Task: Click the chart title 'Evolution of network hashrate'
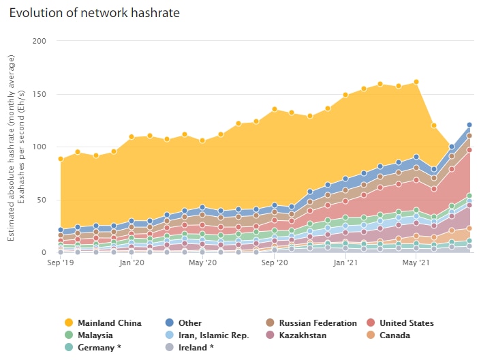click(x=95, y=13)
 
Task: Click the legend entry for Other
click(x=189, y=323)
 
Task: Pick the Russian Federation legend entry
click(x=318, y=323)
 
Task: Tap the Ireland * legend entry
click(x=195, y=348)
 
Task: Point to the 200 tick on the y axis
click(x=40, y=41)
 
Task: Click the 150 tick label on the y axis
click(x=40, y=94)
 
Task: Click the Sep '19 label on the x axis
click(x=61, y=262)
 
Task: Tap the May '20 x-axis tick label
click(x=202, y=262)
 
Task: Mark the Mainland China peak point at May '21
click(x=416, y=82)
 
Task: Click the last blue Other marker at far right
click(x=469, y=125)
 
